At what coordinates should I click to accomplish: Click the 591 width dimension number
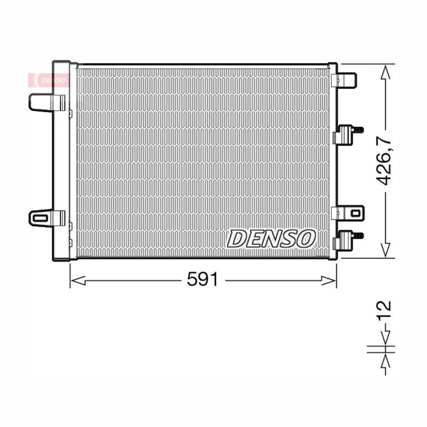(x=202, y=279)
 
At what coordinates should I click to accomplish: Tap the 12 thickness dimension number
(x=384, y=310)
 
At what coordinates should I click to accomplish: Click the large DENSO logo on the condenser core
(x=271, y=239)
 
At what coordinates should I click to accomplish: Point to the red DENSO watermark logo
(x=48, y=81)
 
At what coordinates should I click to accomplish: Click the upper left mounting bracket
(x=47, y=102)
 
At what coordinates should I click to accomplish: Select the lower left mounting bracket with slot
(x=47, y=218)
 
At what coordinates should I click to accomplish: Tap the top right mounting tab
(x=344, y=80)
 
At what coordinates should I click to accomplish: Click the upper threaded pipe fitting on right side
(x=348, y=134)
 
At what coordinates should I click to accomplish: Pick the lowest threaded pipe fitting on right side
(x=348, y=240)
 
